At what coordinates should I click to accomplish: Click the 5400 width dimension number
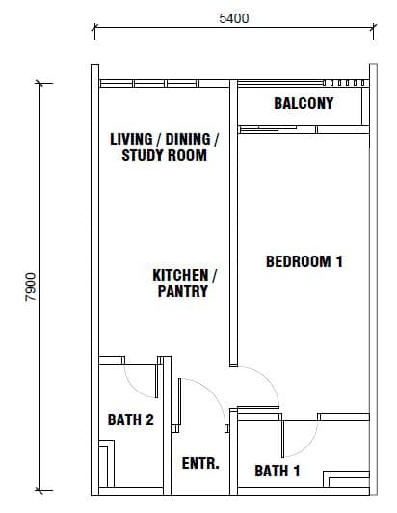[234, 18]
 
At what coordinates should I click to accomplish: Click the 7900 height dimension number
[31, 286]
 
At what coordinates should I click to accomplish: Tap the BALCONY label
[304, 104]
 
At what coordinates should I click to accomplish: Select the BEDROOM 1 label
[304, 261]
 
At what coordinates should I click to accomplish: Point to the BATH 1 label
[278, 471]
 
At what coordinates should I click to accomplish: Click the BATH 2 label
[131, 419]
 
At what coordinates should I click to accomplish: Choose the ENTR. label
[200, 463]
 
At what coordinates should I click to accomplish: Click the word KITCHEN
[180, 275]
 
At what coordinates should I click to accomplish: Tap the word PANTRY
[183, 291]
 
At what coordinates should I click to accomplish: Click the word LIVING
[131, 139]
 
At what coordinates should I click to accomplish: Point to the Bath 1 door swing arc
[308, 445]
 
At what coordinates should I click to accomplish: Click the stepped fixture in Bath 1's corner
[346, 479]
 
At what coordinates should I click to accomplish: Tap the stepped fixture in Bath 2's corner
[107, 463]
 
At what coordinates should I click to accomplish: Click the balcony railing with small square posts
[344, 83]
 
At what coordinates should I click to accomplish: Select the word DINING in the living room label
[188, 139]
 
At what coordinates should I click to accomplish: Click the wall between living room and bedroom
[233, 223]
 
